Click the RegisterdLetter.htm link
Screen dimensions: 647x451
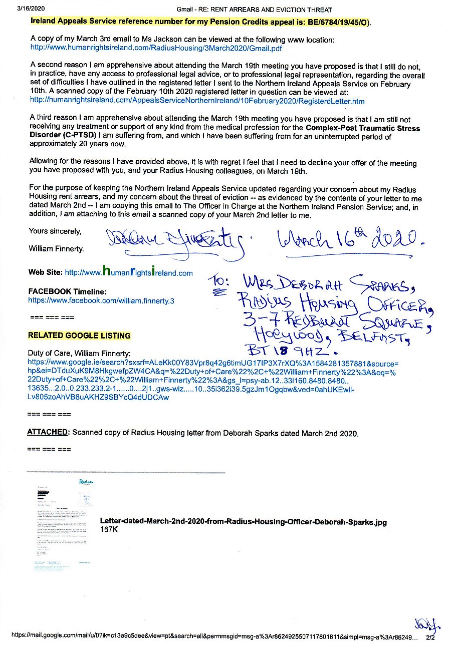197,101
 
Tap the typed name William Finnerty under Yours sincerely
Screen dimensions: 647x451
56,248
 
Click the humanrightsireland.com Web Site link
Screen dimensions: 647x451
129,273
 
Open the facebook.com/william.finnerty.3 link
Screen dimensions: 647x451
101,301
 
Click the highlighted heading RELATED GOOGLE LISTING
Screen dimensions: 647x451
79,336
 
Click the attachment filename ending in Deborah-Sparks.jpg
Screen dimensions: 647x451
243,522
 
